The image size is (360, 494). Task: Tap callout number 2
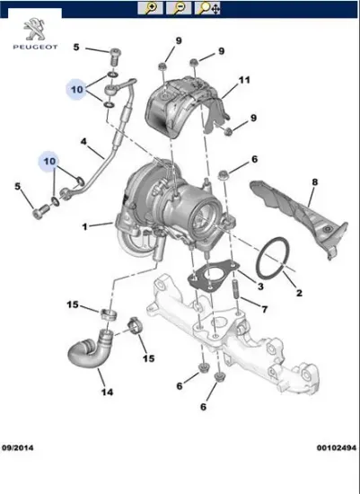pyautogui.click(x=299, y=293)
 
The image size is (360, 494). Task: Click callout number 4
pyautogui.click(x=84, y=142)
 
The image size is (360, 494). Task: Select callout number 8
pyautogui.click(x=314, y=182)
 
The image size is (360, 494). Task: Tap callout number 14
pyautogui.click(x=106, y=393)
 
